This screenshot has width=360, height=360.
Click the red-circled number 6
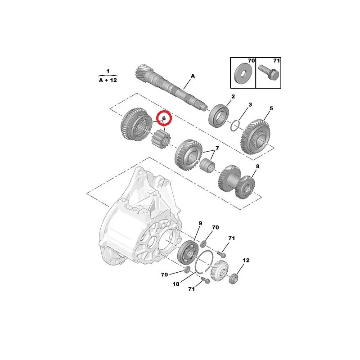pos(164,118)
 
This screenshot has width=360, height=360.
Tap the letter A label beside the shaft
pos(193,76)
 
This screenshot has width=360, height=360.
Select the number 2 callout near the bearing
pos(233,96)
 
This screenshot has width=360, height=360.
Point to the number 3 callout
pos(250,104)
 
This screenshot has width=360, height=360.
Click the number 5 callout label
pos(271,108)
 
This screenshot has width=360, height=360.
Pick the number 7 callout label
pos(217,148)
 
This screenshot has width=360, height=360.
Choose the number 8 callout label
pos(257,166)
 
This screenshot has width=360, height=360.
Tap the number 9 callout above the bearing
pos(200,223)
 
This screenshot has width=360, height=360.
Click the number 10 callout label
pos(176,284)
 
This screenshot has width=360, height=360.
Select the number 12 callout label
pos(246,261)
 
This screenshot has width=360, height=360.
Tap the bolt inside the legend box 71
pos(269,72)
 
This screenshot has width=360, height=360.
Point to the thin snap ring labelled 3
pos(235,126)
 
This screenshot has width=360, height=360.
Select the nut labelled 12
pos(234,279)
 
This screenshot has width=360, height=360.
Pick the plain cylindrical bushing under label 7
pos(207,166)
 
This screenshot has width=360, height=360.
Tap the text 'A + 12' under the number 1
pos(108,80)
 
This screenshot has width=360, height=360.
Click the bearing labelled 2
pos(218,116)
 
